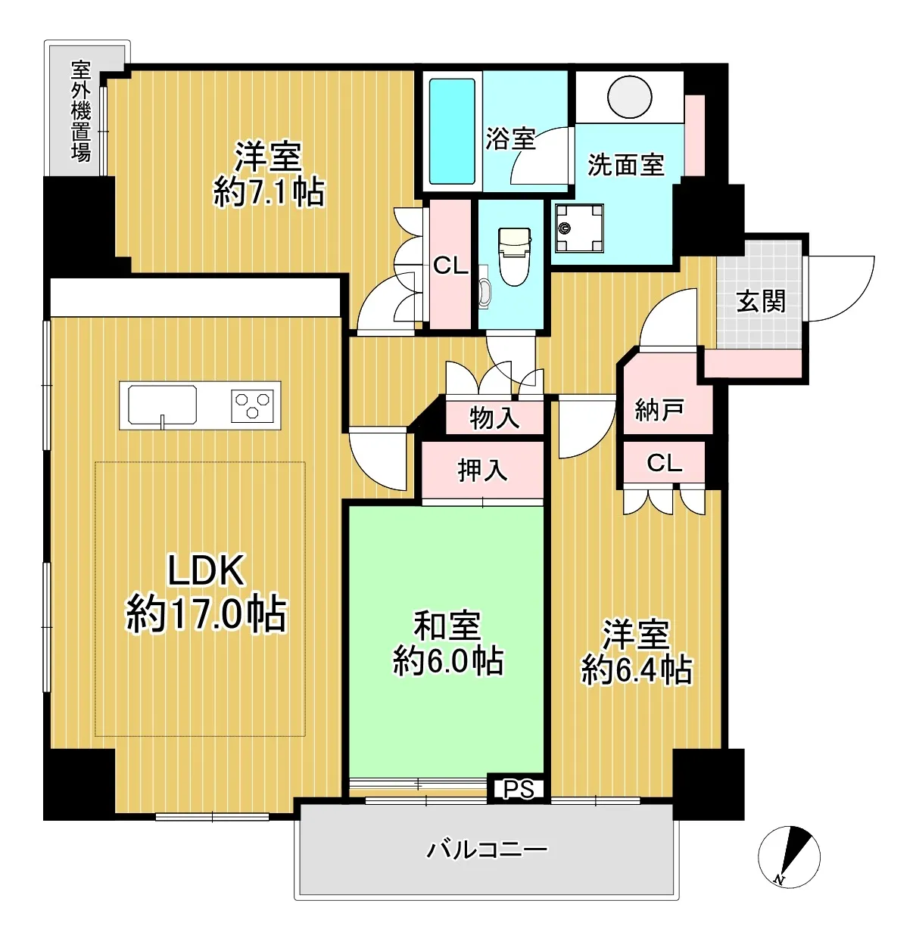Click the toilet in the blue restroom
pyautogui.click(x=514, y=256)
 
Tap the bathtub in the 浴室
pyautogui.click(x=452, y=132)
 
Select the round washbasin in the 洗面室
pyautogui.click(x=630, y=97)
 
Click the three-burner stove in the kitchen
pyautogui.click(x=251, y=405)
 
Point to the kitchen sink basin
pyautogui.click(x=162, y=405)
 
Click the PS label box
pyautogui.click(x=519, y=789)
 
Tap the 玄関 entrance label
pyautogui.click(x=761, y=302)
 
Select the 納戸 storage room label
pyautogui.click(x=659, y=411)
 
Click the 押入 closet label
pyautogui.click(x=482, y=471)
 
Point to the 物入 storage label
pyautogui.click(x=494, y=418)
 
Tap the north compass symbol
pyautogui.click(x=789, y=856)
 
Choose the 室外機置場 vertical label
pyautogui.click(x=81, y=110)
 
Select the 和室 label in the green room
pyautogui.click(x=447, y=626)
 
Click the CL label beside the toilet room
pyautogui.click(x=450, y=266)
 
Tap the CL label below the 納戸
pyautogui.click(x=665, y=463)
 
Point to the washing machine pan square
pyautogui.click(x=579, y=228)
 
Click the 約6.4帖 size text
pyautogui.click(x=637, y=669)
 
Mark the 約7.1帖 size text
pyautogui.click(x=269, y=192)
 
